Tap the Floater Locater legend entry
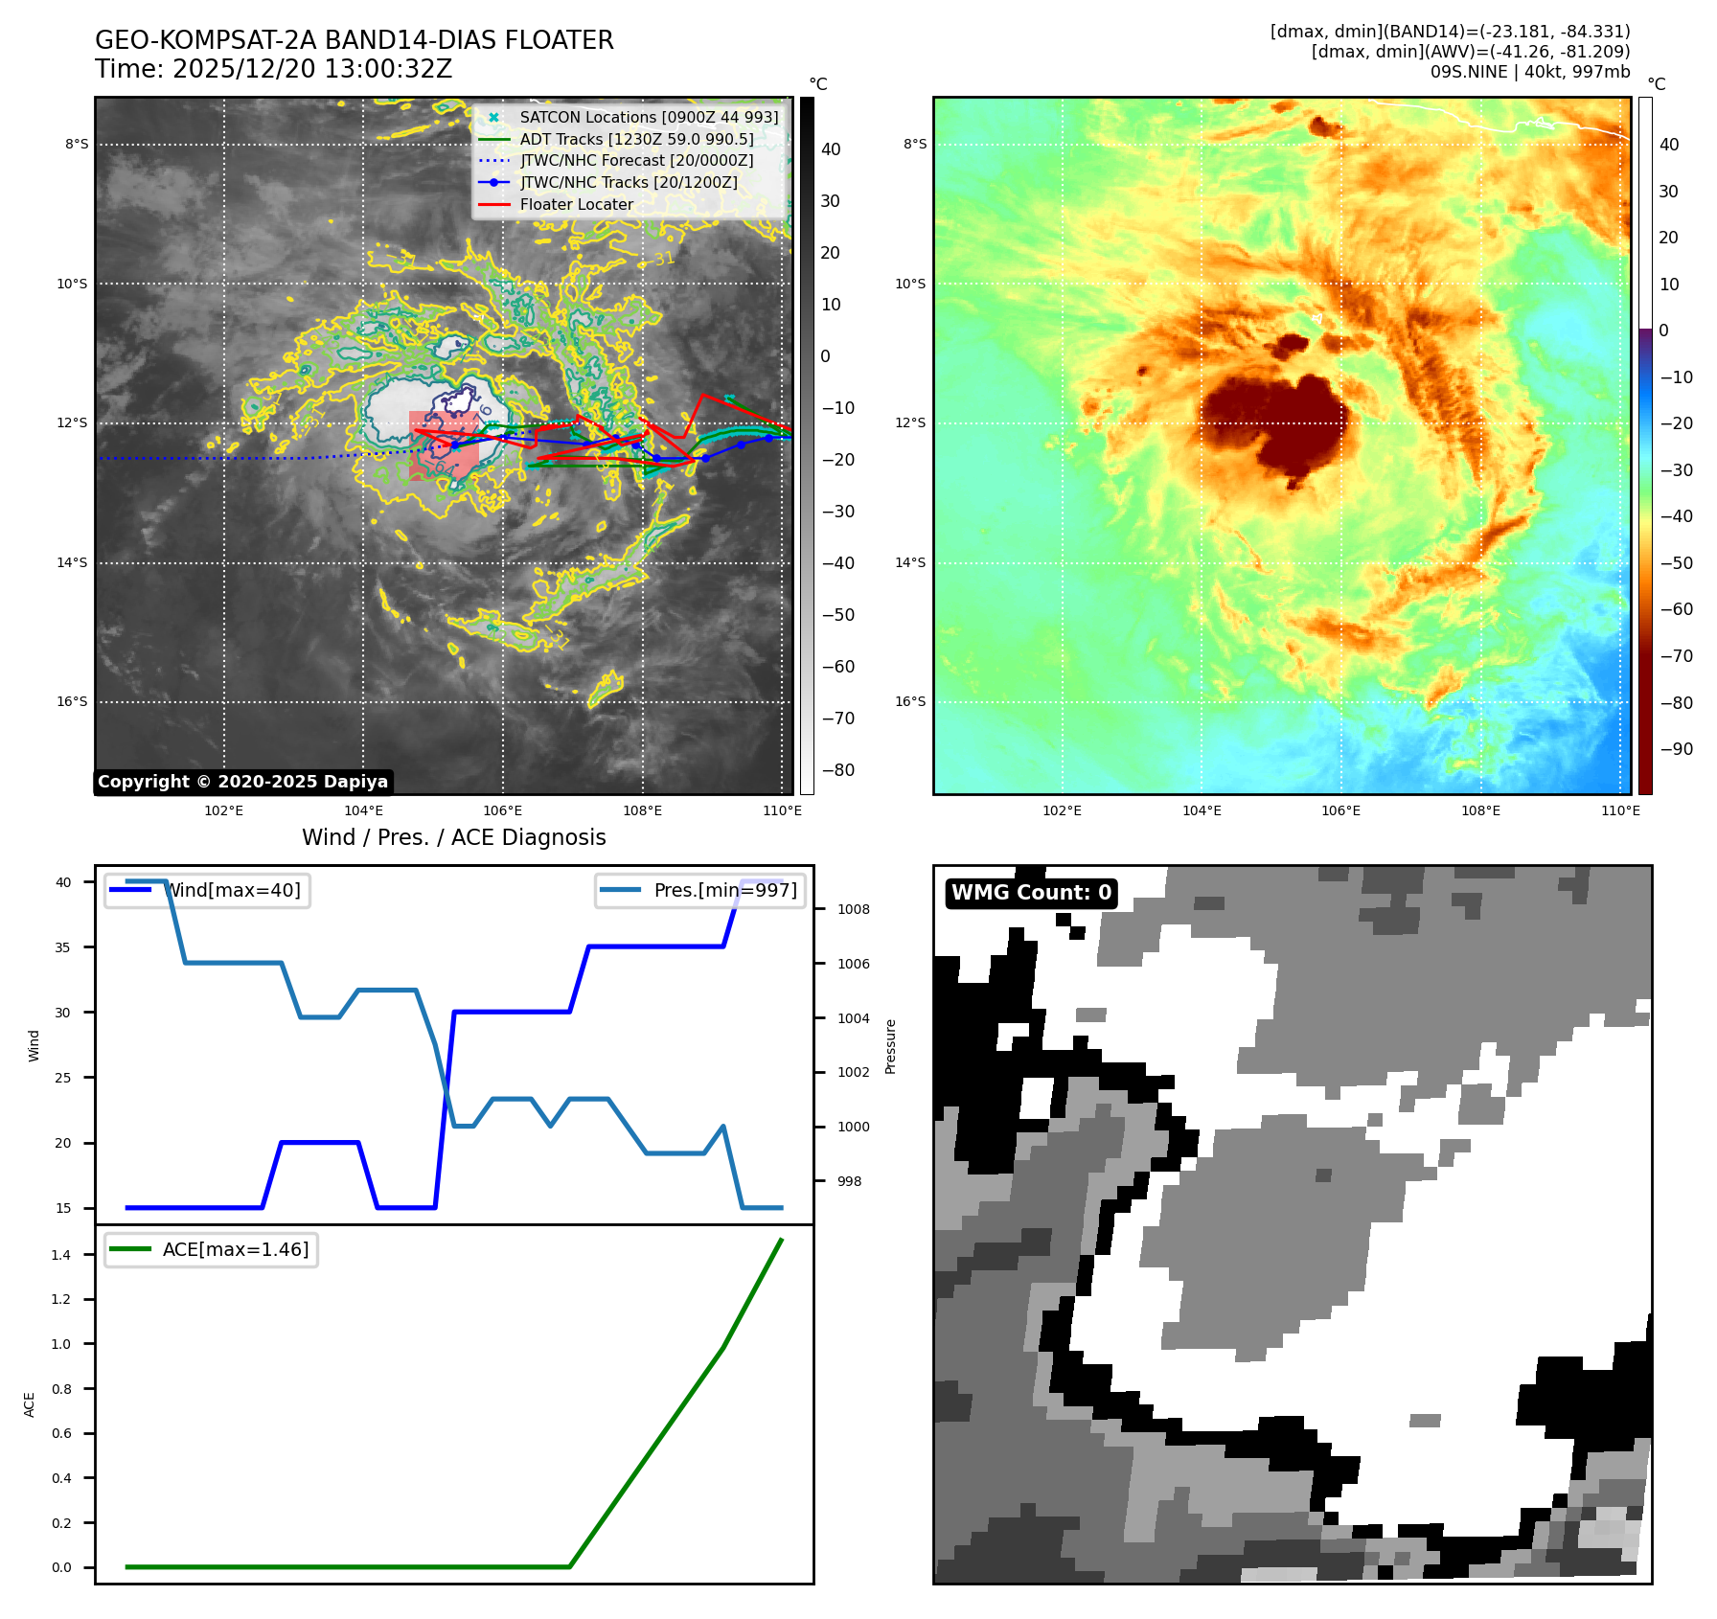576,204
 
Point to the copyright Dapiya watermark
243,782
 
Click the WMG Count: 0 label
1031,893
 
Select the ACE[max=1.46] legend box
212,1249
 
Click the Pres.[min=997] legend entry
700,890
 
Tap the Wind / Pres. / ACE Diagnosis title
454,837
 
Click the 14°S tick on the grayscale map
72,562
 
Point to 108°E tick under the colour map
1480,810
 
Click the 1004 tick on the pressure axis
853,1018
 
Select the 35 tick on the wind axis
63,946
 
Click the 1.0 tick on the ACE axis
61,1344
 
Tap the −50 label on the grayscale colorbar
837,615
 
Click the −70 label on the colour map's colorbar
1676,656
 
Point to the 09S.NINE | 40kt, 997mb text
1529,72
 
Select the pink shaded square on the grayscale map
444,445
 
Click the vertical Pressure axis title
891,1046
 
